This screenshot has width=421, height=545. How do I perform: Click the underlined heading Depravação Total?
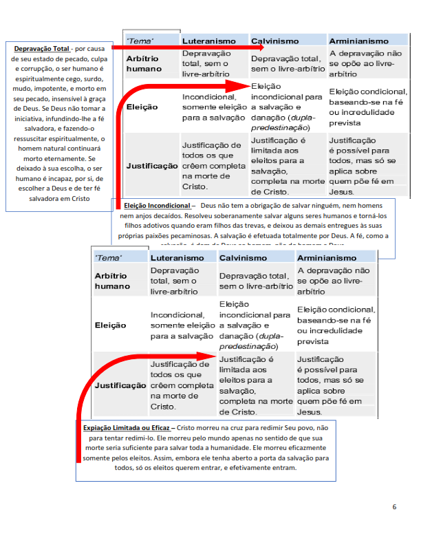click(x=41, y=48)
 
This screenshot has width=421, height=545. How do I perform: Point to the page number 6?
click(x=394, y=507)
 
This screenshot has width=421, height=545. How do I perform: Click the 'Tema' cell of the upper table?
click(x=141, y=41)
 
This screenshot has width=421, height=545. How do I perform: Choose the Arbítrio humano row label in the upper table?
click(x=142, y=64)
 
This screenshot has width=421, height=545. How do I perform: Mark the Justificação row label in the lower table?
click(x=120, y=385)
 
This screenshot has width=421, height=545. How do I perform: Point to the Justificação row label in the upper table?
click(x=152, y=167)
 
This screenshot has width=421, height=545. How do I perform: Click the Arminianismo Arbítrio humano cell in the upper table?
click(x=365, y=63)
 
